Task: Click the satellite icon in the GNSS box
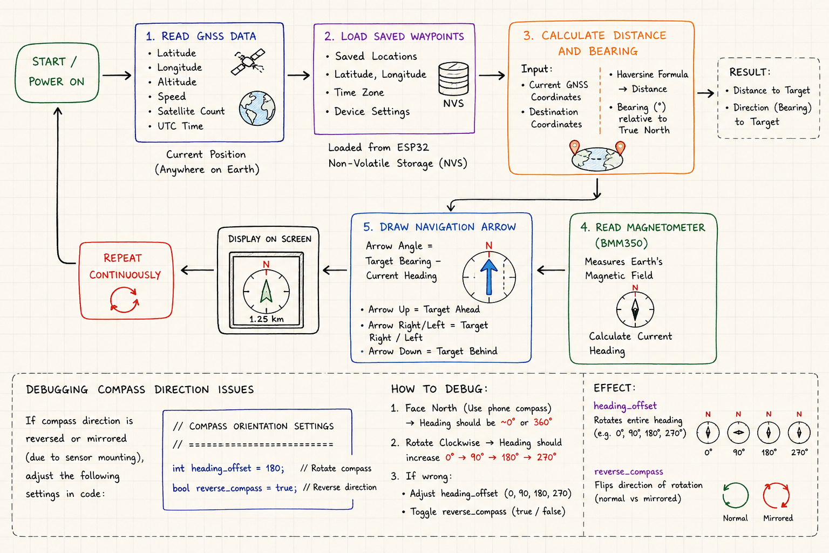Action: point(248,62)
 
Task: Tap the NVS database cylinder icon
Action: point(453,78)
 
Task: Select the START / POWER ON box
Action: point(57,72)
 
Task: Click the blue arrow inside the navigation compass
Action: point(489,276)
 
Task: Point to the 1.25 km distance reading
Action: point(267,319)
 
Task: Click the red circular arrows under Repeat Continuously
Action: point(124,300)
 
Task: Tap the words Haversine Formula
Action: point(652,75)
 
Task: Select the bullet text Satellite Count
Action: point(191,111)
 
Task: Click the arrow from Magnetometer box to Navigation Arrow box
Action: point(551,270)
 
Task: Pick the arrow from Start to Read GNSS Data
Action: point(117,75)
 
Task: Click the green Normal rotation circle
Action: point(736,495)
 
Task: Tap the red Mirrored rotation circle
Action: point(777,495)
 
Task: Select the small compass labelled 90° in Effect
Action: point(738,432)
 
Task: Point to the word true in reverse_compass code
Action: point(284,488)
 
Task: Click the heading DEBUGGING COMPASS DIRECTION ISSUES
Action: point(140,389)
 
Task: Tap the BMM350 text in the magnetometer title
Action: point(621,244)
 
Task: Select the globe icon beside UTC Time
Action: point(257,108)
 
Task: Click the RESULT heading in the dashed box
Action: point(750,72)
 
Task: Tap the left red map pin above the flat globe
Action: point(574,147)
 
